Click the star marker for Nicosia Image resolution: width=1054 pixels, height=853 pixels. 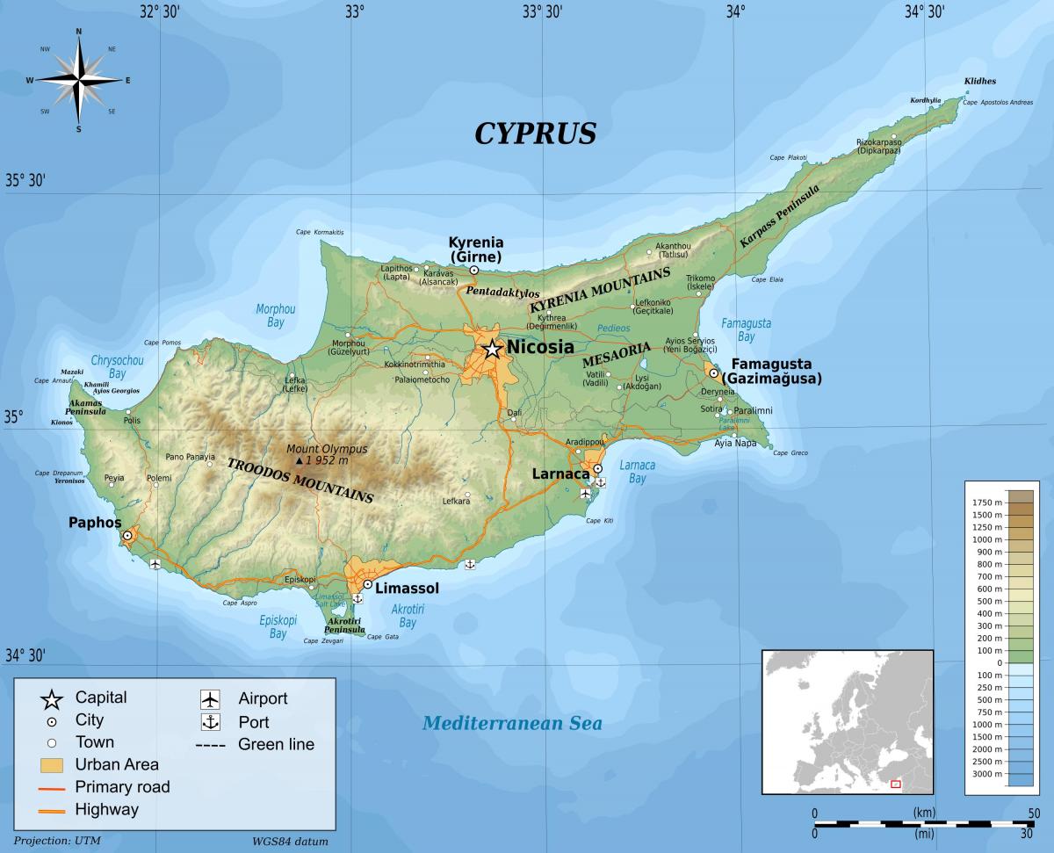click(x=492, y=350)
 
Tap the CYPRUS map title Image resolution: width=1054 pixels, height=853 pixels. click(x=535, y=133)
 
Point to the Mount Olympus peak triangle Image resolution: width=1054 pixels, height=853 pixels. click(x=299, y=460)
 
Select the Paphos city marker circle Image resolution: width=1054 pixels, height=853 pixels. click(x=127, y=535)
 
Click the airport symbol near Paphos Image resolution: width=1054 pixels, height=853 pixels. click(x=155, y=564)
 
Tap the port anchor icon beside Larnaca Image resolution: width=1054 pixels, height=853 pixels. click(x=601, y=482)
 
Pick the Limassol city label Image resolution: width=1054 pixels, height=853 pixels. click(x=407, y=589)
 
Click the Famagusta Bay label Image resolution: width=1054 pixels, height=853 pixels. click(x=746, y=329)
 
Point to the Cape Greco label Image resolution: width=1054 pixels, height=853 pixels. click(x=790, y=453)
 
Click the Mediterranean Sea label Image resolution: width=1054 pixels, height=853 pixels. click(x=512, y=723)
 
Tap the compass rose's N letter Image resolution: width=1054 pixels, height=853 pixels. click(x=79, y=32)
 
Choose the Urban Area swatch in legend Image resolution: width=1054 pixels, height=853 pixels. click(x=51, y=763)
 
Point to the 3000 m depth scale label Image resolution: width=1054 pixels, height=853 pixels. click(x=987, y=773)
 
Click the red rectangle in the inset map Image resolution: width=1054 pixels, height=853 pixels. click(x=896, y=784)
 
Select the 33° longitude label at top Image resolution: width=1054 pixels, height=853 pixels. click(x=354, y=11)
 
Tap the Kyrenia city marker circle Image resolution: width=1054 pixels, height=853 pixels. click(x=474, y=271)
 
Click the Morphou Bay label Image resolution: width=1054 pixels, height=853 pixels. click(x=275, y=315)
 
